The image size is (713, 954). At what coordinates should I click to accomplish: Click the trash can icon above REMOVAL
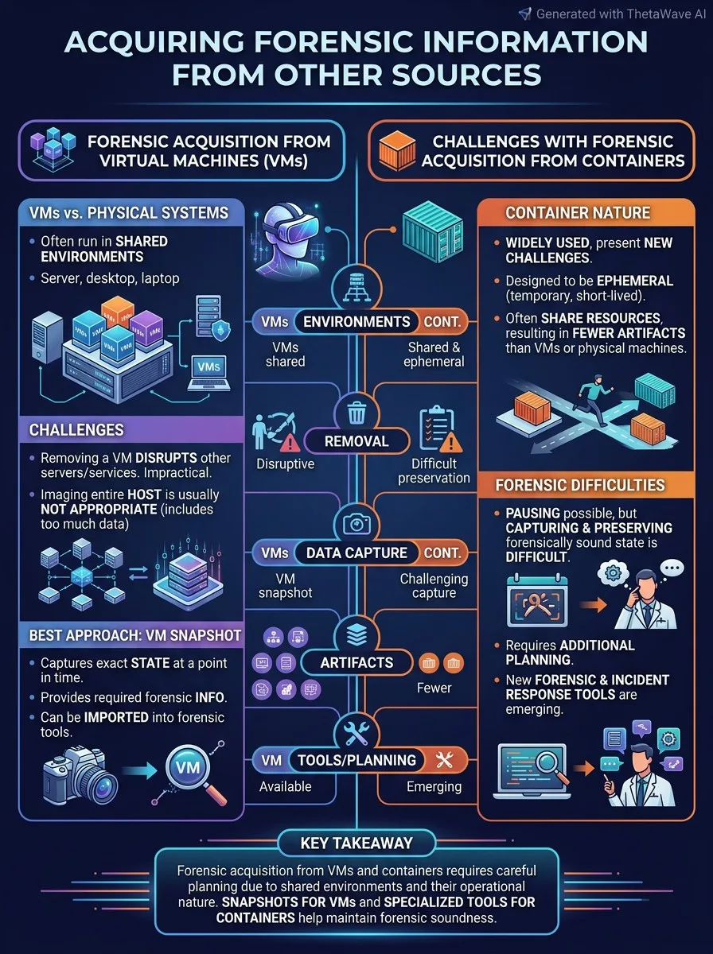356,412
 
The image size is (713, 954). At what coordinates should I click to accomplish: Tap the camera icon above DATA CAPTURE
356,523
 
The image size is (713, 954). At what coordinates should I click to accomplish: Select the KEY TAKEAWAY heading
356,843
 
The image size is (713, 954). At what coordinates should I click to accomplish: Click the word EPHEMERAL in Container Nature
635,281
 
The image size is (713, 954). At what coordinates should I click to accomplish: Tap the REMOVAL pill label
356,441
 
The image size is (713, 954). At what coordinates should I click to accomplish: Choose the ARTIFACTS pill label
356,662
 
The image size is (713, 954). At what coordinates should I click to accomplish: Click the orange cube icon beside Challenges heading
397,150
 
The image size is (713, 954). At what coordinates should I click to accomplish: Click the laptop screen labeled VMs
208,367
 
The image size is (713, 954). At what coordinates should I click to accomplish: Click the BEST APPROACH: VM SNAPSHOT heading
134,635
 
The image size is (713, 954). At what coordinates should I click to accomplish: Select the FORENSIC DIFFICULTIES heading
580,485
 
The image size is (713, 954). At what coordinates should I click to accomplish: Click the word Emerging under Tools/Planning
434,787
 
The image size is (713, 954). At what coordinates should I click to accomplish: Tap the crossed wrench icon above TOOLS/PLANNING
356,733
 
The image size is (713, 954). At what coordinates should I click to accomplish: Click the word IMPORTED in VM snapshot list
116,717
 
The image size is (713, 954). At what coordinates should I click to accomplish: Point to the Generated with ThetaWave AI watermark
613,14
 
